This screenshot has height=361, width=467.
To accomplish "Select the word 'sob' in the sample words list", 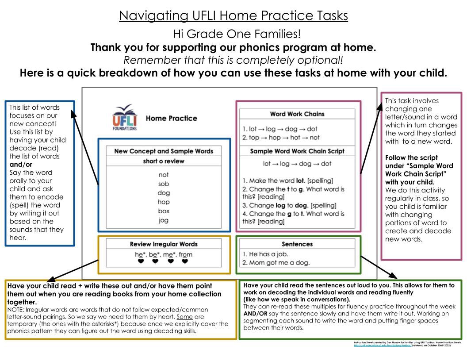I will point(164,184).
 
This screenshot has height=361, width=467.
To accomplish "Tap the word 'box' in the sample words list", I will point(164,211).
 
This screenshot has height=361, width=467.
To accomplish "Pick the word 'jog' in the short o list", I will point(164,221).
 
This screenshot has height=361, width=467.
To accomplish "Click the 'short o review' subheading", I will point(164,161).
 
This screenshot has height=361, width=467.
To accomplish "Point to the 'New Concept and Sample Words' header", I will point(164,151).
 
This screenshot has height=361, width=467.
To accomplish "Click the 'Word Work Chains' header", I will point(297,114).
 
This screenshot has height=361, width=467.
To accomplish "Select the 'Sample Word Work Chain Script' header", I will point(297,151).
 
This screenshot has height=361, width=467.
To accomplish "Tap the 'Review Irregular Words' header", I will point(164,244).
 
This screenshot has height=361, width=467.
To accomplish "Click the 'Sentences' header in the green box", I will point(297,244).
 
